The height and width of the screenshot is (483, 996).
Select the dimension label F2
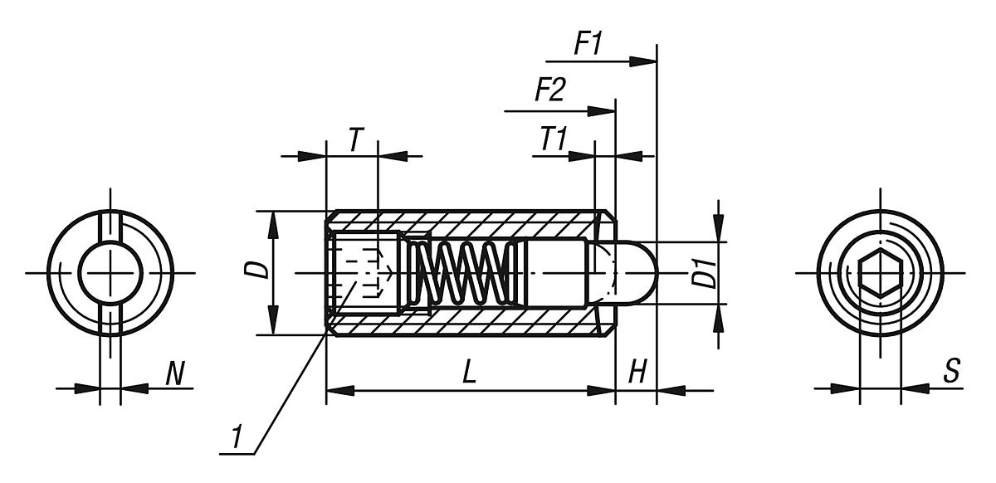pos(549,90)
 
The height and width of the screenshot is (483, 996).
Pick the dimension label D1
pos(705,273)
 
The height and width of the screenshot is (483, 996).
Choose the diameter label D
pos(260,270)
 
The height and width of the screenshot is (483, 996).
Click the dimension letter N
pos(174,374)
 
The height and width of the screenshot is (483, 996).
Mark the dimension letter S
pos(951,373)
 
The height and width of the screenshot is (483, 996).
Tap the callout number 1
pos(237,438)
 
